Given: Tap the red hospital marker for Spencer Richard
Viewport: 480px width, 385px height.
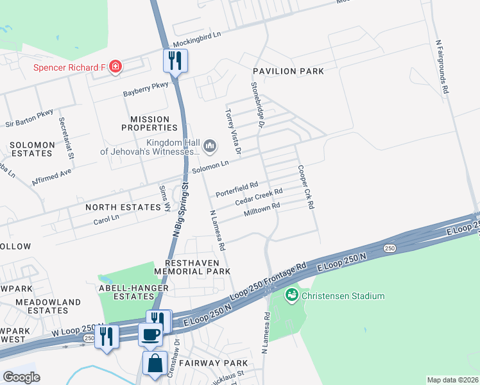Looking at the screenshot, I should (116, 67).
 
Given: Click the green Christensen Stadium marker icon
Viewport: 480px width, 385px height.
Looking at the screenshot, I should (292, 295).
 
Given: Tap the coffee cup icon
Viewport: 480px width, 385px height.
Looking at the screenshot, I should (151, 334).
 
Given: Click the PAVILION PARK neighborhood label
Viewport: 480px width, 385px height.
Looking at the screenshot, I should (288, 71).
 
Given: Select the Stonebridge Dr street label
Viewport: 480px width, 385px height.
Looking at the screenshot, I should (257, 104).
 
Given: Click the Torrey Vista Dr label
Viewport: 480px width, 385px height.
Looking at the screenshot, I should (232, 131).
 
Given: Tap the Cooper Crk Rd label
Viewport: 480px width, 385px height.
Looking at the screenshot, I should (305, 187).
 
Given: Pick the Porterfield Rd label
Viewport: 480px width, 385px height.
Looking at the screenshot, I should (236, 188).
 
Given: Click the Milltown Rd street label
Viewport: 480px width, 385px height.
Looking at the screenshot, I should (262, 210).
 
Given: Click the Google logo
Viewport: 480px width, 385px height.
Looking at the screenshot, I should (22, 377).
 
